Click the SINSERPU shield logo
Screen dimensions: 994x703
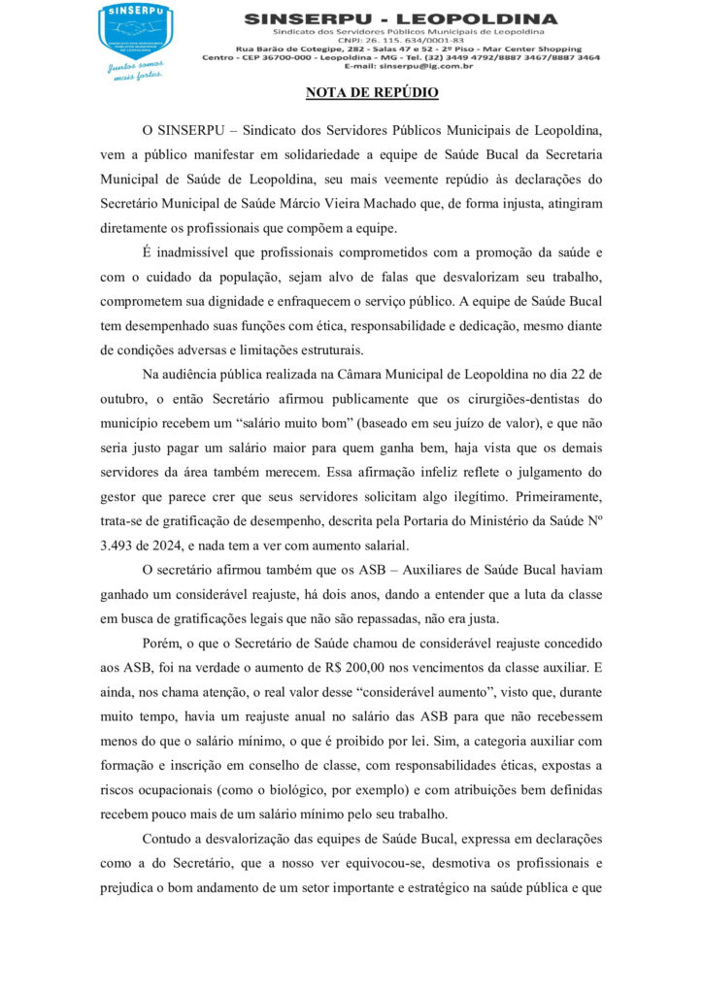135,29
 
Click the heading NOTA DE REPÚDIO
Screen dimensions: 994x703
372,93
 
